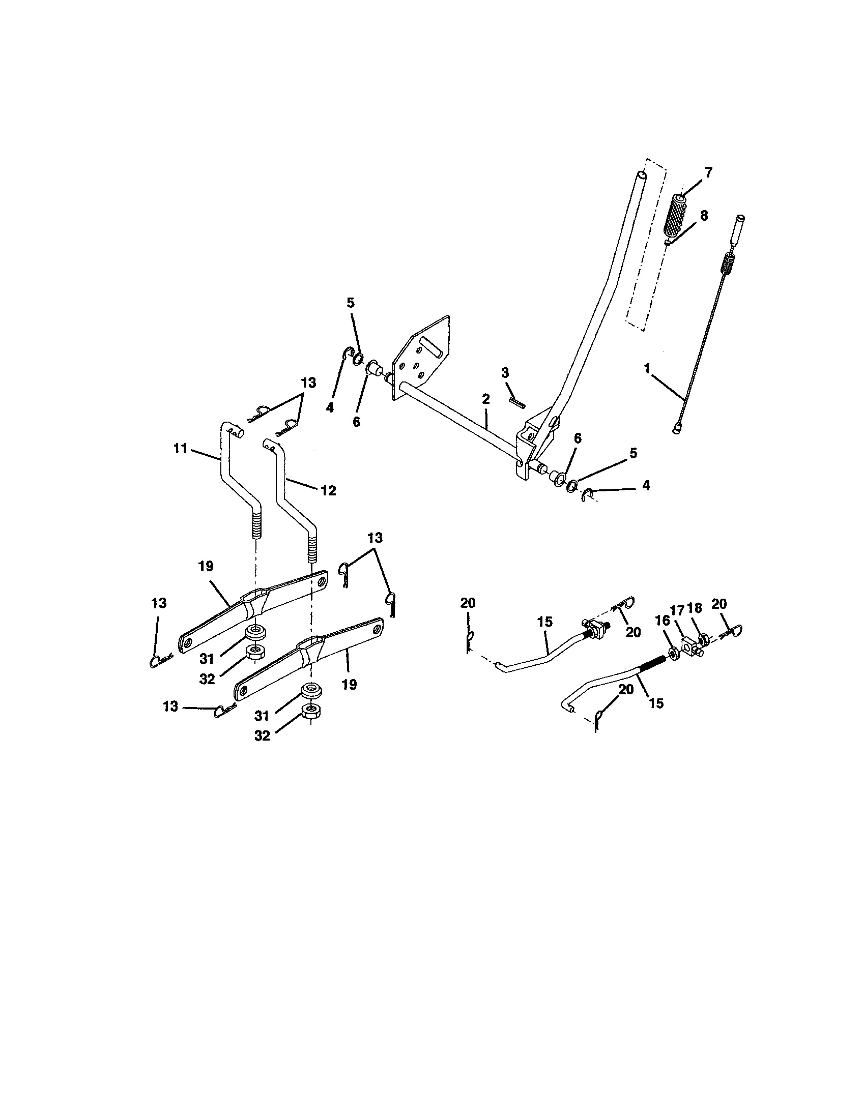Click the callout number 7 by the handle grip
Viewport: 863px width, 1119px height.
click(x=708, y=172)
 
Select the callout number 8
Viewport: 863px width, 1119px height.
click(x=704, y=216)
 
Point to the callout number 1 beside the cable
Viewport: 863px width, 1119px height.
click(x=647, y=368)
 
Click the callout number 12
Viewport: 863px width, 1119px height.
click(x=328, y=490)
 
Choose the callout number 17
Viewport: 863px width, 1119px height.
click(x=676, y=611)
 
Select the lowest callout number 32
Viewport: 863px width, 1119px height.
click(x=262, y=735)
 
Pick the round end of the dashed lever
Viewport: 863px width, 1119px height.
click(x=641, y=175)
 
